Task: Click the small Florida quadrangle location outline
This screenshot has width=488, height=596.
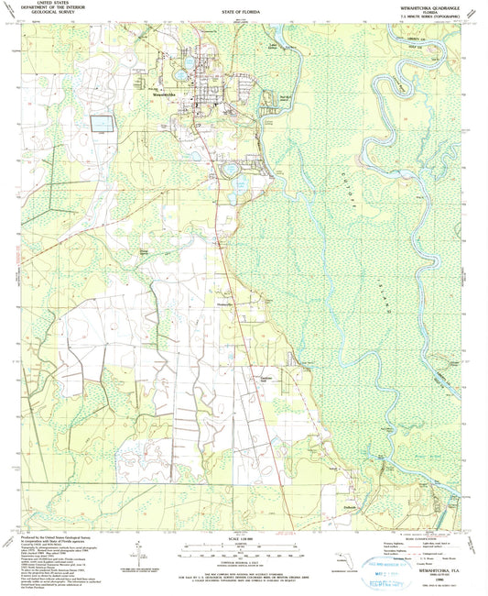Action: pos(343,559)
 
